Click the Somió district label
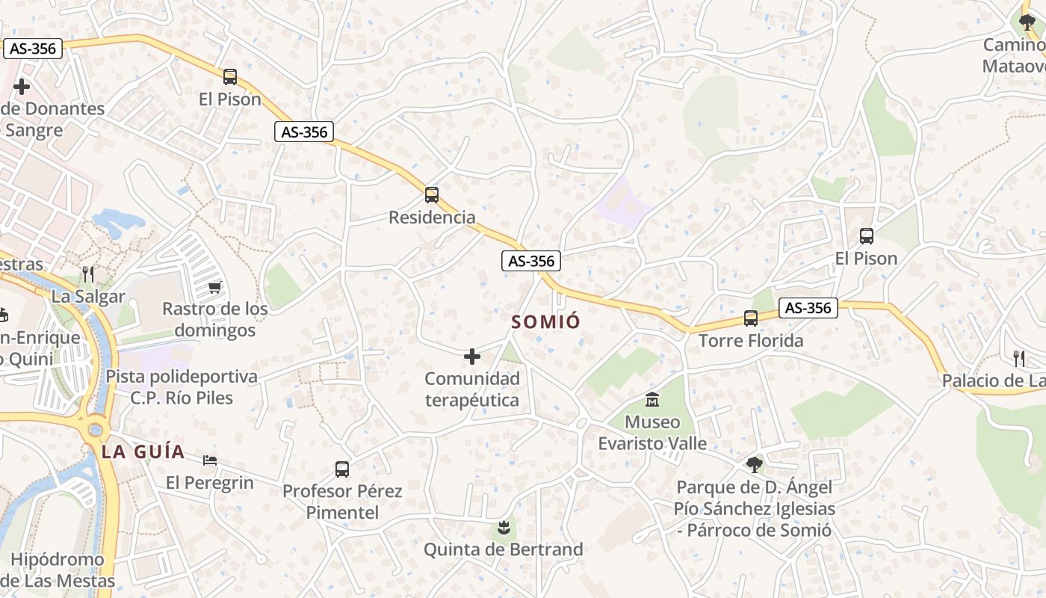click(545, 322)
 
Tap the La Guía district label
click(143, 451)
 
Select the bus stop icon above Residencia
click(431, 195)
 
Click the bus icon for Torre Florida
click(751, 318)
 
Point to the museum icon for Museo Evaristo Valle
click(652, 400)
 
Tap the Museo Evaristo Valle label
click(652, 433)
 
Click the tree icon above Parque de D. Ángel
click(755, 465)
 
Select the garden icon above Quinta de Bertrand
click(504, 528)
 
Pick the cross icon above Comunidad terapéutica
click(472, 357)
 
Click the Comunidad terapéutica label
click(472, 389)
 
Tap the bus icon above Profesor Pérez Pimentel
click(342, 469)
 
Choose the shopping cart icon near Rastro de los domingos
click(215, 287)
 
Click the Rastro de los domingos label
click(214, 319)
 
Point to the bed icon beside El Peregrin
click(211, 459)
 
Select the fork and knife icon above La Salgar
click(89, 274)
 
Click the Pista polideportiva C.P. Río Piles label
click(182, 387)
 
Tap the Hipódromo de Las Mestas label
click(58, 570)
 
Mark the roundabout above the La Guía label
click(95, 430)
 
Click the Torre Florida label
click(751, 341)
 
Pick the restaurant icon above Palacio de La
click(1018, 358)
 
